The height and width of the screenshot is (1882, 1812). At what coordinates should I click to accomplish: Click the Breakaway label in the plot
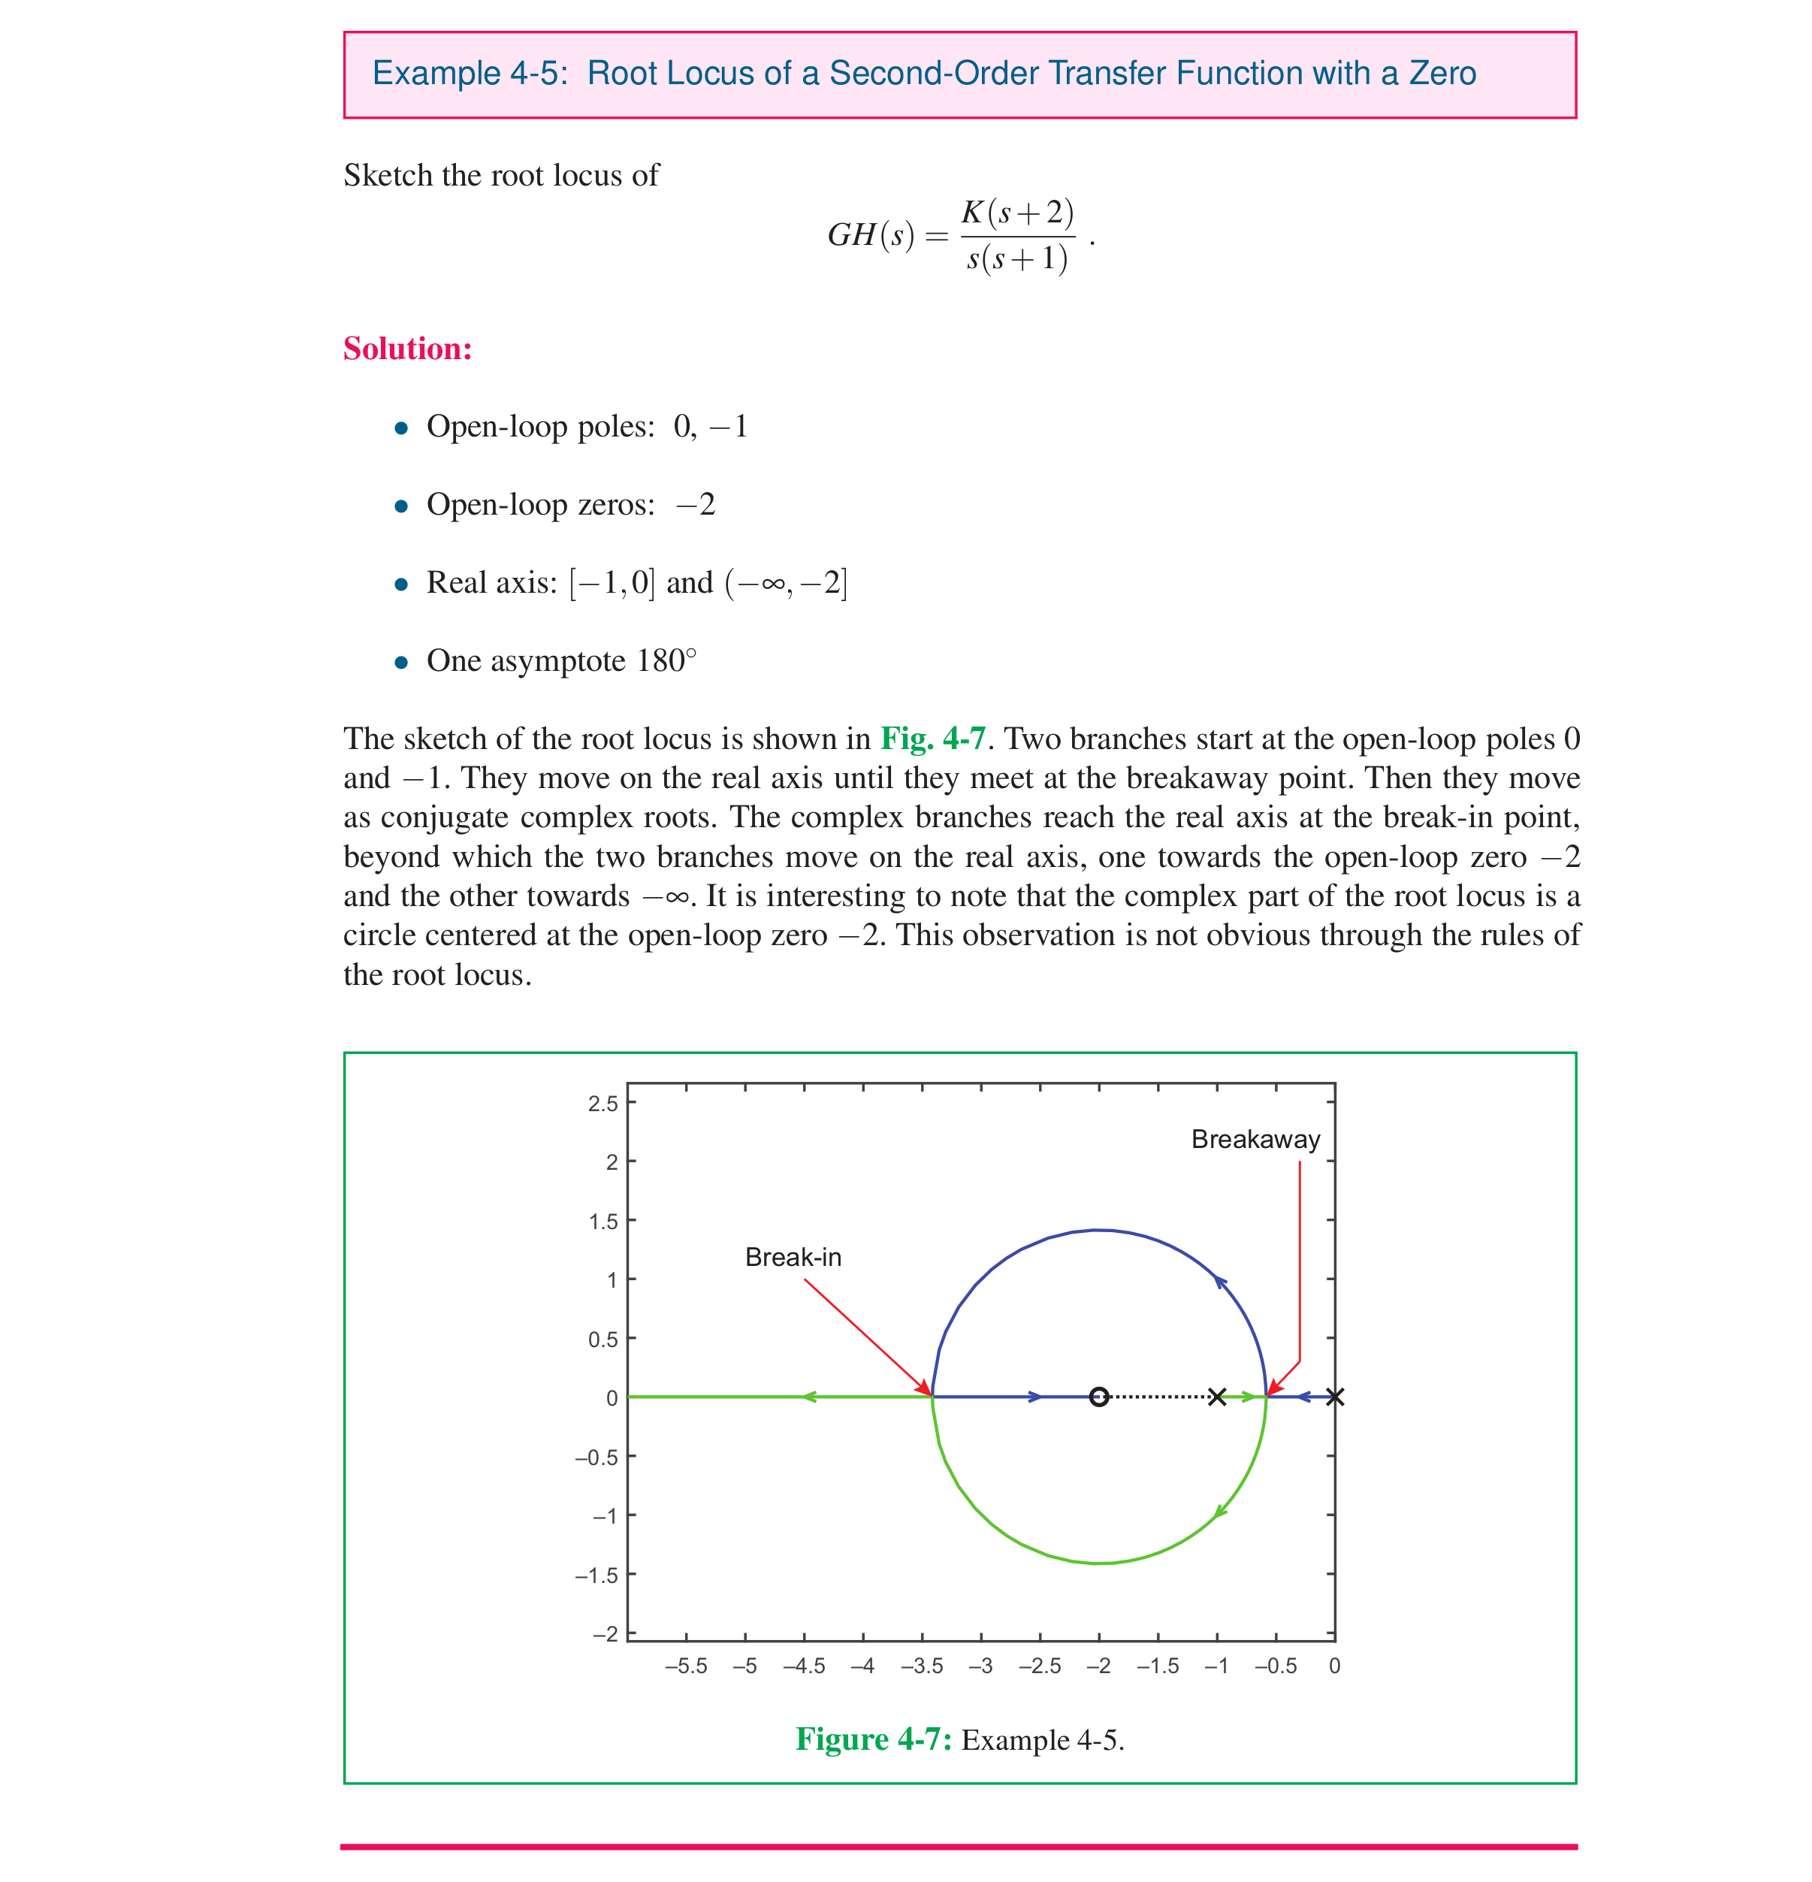click(1255, 1140)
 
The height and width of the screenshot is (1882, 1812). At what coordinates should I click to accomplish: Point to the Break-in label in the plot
click(793, 1257)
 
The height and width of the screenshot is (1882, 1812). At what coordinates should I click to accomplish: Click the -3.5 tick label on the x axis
click(921, 1666)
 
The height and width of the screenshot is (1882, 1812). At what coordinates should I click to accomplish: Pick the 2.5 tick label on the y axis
click(603, 1103)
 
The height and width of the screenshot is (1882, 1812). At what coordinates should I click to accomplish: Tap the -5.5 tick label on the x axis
click(686, 1666)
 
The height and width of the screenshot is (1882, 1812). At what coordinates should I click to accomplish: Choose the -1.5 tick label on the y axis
click(596, 1575)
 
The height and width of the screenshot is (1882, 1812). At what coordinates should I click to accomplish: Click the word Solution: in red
click(407, 349)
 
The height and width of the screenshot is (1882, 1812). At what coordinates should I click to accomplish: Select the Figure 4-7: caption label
click(873, 1740)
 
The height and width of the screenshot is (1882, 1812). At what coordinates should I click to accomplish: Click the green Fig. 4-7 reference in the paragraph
click(932, 739)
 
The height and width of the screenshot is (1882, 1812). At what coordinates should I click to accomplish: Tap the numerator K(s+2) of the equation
click(1017, 212)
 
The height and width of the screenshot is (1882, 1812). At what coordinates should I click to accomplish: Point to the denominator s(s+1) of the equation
click(1017, 258)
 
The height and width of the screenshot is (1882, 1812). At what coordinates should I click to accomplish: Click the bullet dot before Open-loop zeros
click(401, 506)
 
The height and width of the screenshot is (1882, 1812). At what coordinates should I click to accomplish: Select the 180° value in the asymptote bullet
click(666, 660)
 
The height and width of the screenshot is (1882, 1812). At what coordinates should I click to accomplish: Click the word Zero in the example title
click(1442, 74)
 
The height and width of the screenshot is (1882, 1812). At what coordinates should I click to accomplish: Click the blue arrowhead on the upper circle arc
click(1219, 1281)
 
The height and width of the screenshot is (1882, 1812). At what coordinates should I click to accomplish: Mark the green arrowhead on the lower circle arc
click(1219, 1512)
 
